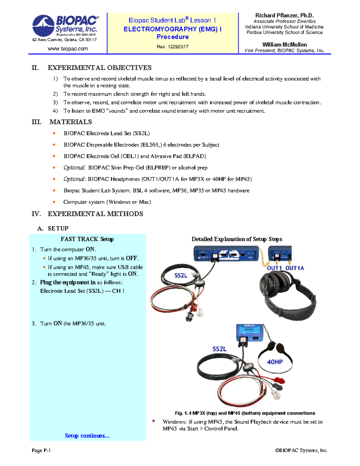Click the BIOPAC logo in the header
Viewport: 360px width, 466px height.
pos(65,26)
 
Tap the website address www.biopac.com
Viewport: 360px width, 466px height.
pos(68,49)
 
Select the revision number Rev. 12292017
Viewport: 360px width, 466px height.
pos(172,47)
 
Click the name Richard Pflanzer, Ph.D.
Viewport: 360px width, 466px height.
pos(284,15)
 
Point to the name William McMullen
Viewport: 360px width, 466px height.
pos(284,45)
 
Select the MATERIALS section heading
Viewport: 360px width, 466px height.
pos(70,122)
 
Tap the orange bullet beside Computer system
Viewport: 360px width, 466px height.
pos(54,202)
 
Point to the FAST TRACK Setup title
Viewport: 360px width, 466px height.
pos(87,239)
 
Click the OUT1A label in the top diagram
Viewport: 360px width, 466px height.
pos(295,268)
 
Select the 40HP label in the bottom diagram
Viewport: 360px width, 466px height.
pos(275,362)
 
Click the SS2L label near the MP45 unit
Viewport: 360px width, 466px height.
pos(220,349)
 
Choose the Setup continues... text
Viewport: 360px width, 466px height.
pos(87,436)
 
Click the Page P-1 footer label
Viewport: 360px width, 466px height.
pos(41,450)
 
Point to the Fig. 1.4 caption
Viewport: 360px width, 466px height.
pos(245,413)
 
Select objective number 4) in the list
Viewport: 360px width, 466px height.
pos(55,111)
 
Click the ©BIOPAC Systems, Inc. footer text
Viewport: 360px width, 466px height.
pos(301,450)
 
